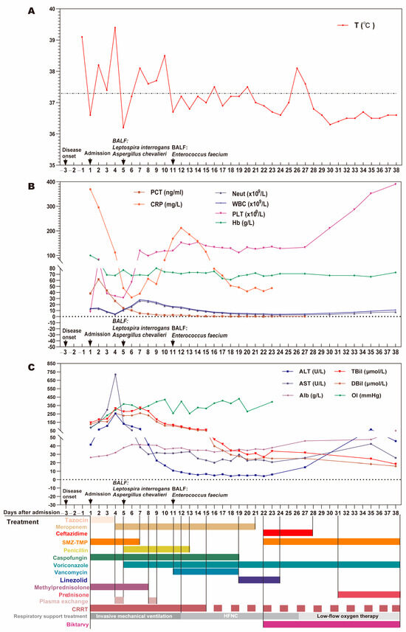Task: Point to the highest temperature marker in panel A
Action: tap(115, 28)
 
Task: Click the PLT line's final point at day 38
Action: tap(396, 184)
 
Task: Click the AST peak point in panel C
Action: tap(115, 375)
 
